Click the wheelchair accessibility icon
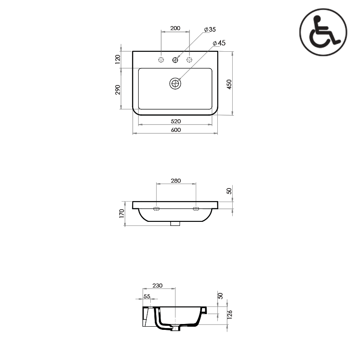(323, 32)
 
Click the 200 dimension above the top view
(175, 28)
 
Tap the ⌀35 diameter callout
(210, 29)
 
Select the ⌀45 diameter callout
(219, 43)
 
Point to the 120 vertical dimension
(118, 59)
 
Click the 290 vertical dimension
(118, 90)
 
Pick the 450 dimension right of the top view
(229, 84)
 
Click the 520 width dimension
(175, 121)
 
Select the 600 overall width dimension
(175, 130)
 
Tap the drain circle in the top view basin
(175, 84)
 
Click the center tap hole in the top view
(175, 60)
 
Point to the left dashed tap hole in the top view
(161, 60)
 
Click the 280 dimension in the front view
(175, 180)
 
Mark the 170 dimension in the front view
(122, 213)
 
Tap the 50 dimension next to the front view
(229, 191)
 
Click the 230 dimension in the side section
(157, 286)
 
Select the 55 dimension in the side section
(147, 296)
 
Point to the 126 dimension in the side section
(229, 314)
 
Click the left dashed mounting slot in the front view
(156, 209)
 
